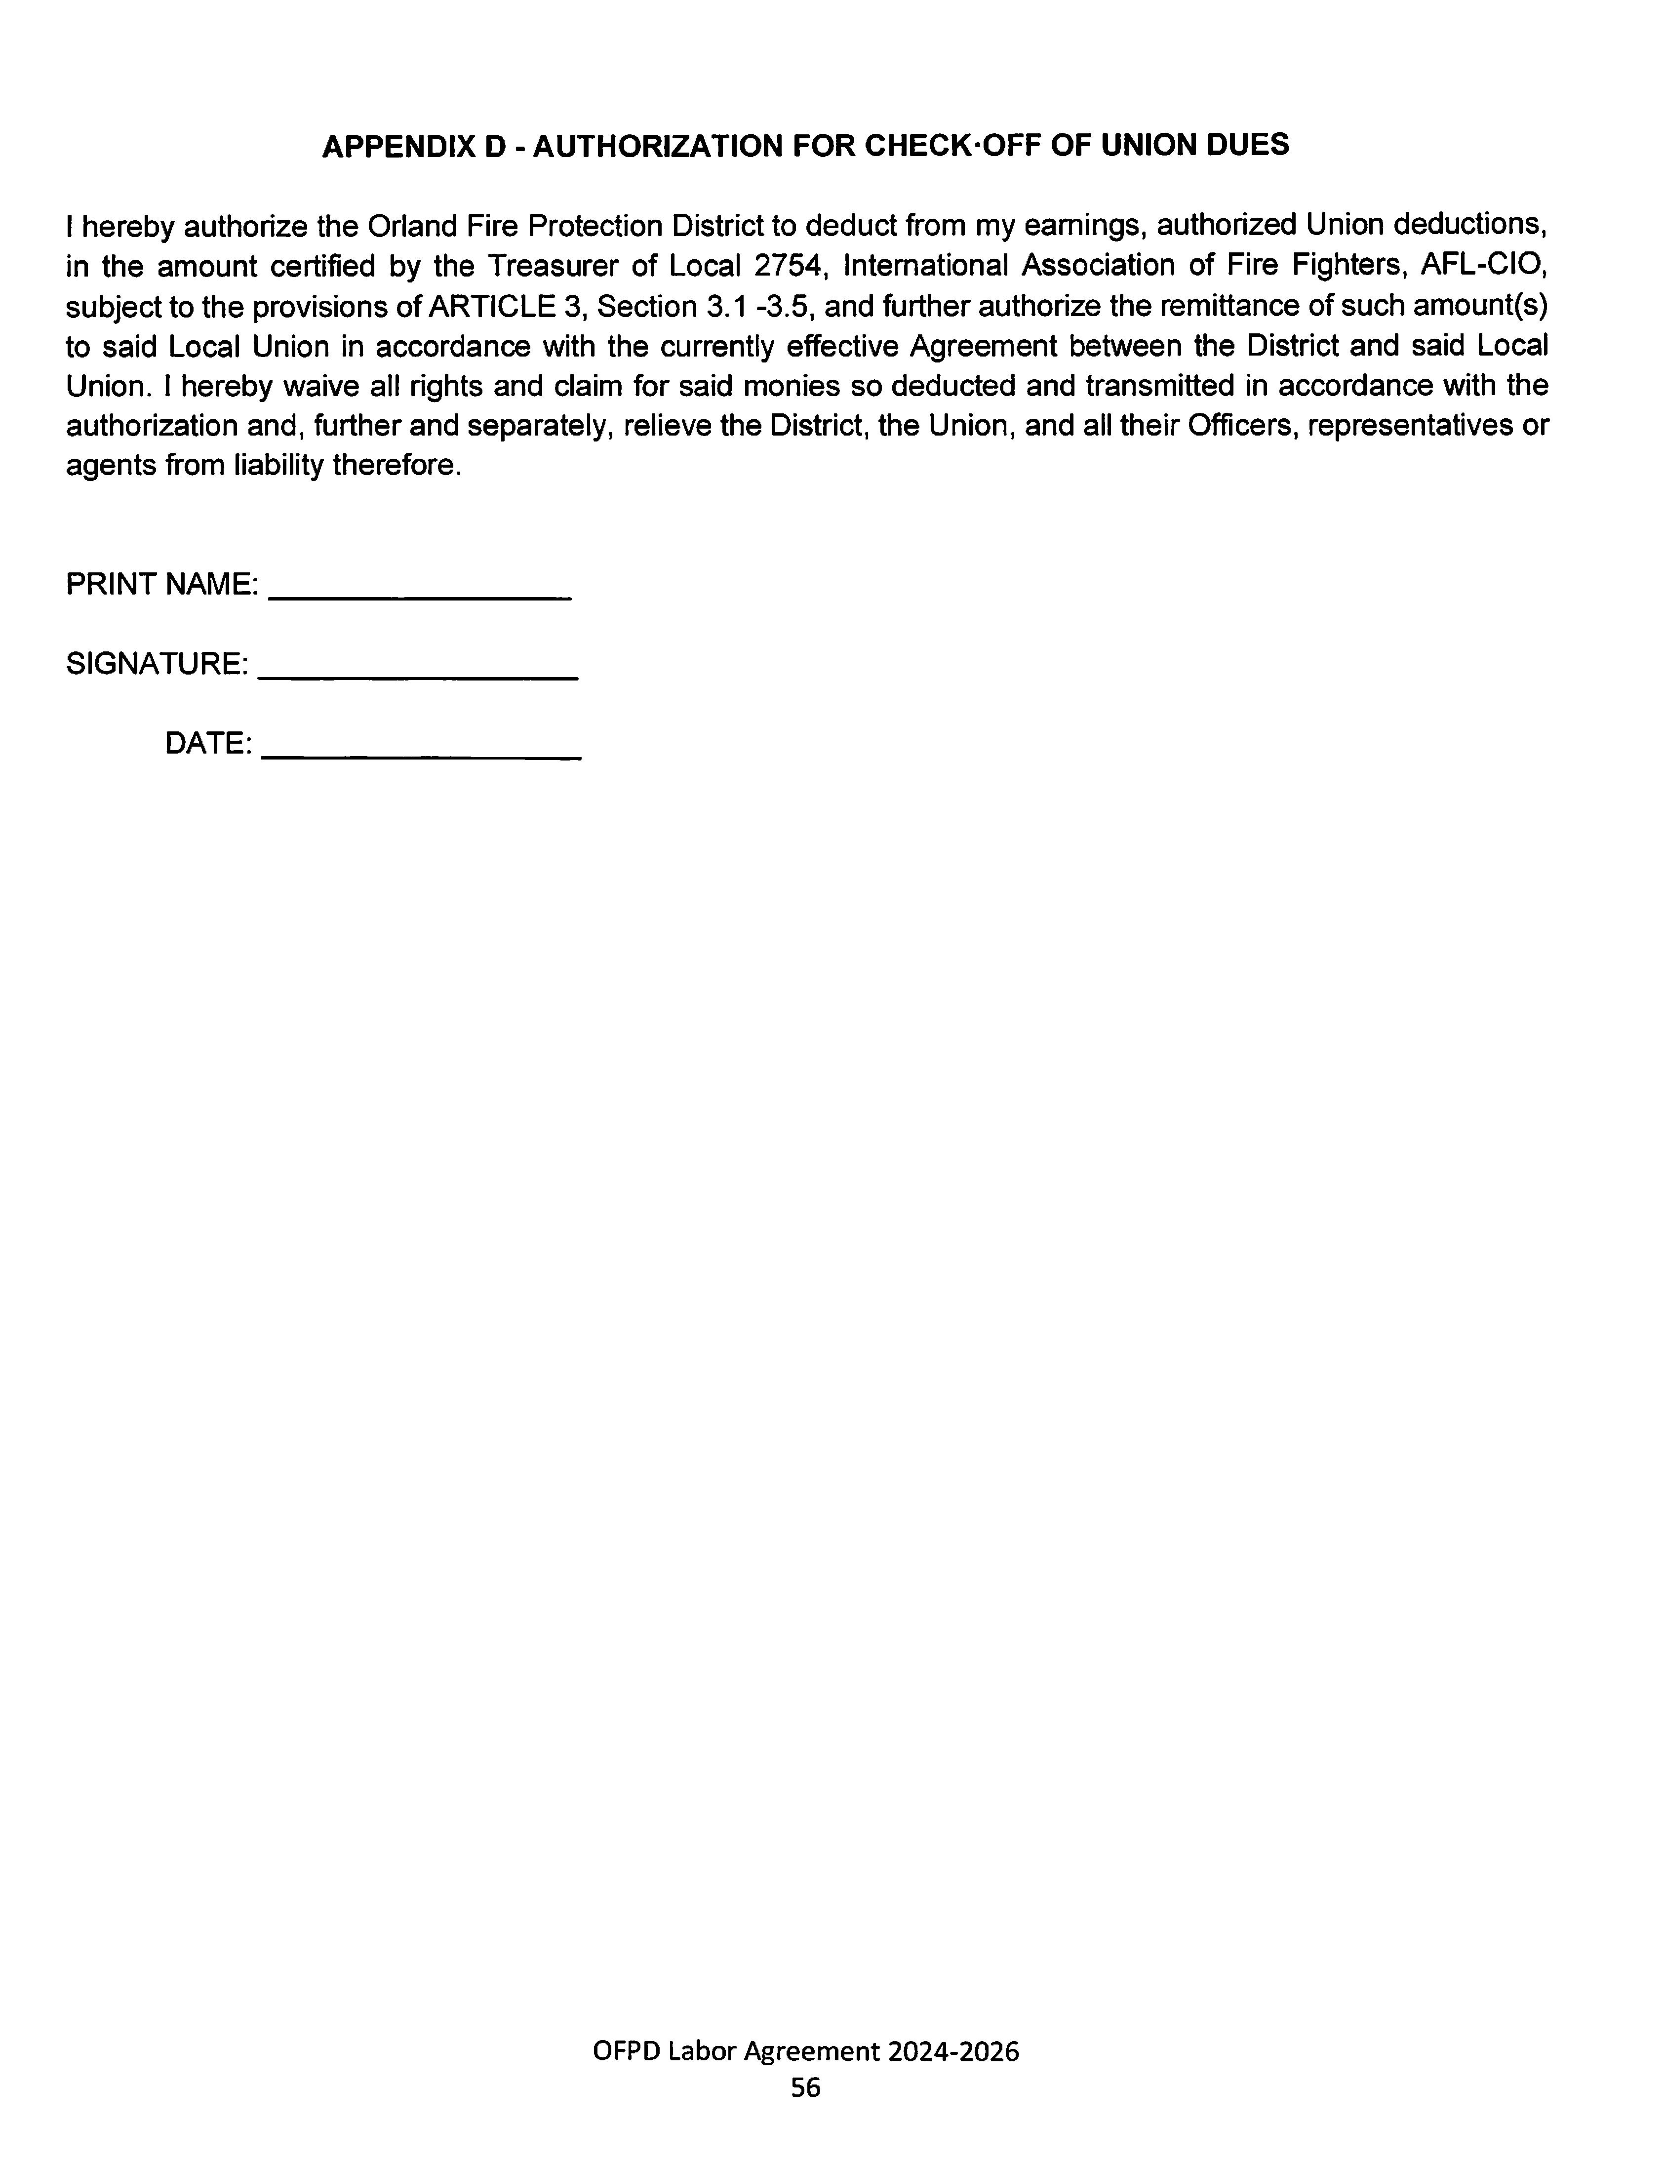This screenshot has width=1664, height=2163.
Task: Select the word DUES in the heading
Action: (x=1247, y=147)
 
